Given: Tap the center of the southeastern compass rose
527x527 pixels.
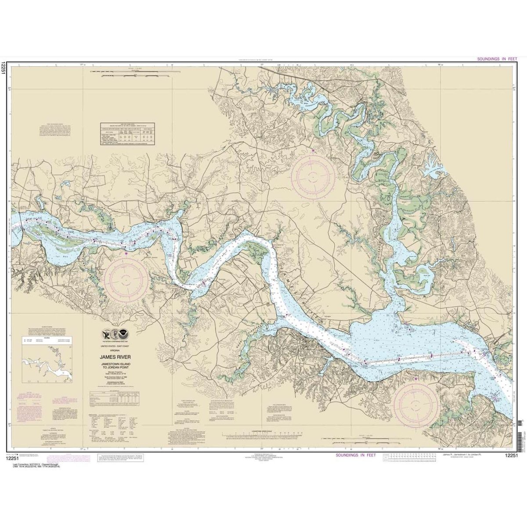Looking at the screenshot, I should [x=416, y=403].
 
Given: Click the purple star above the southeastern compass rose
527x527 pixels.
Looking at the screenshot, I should [x=416, y=379].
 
